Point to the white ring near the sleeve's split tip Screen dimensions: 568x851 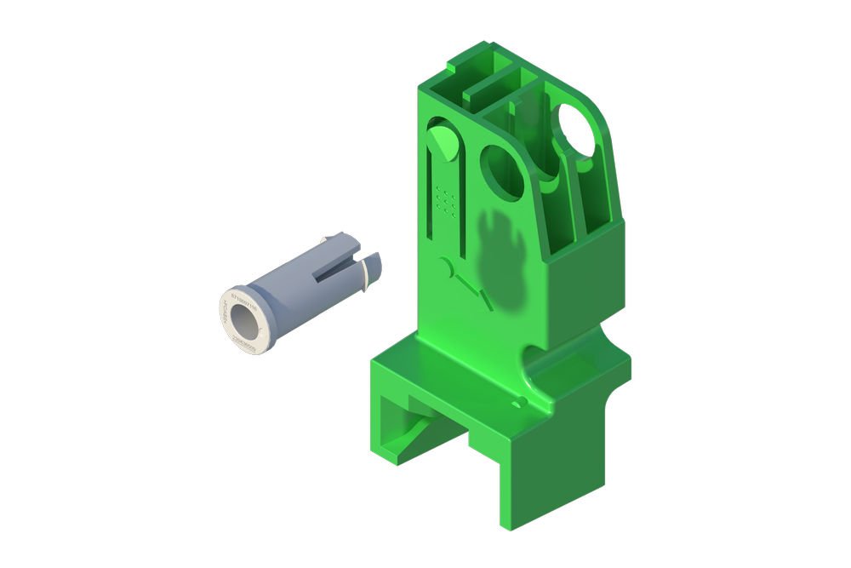(363, 272)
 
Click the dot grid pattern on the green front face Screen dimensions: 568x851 (446, 200)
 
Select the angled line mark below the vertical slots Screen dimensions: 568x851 (471, 288)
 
